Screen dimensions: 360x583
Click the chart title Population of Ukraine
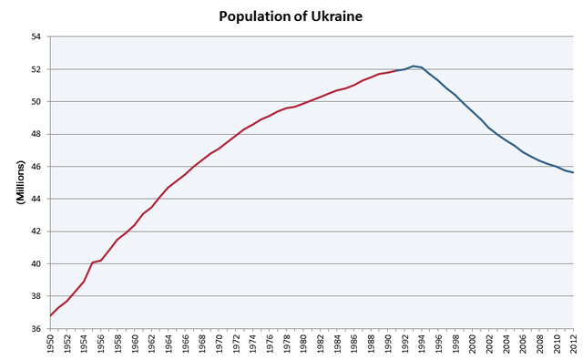(x=290, y=16)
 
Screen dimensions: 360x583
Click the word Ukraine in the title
(x=337, y=16)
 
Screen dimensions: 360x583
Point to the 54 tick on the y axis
(x=36, y=37)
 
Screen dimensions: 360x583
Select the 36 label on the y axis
(x=36, y=329)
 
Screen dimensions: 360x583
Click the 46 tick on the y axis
(x=36, y=167)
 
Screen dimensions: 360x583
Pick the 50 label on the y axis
(x=36, y=102)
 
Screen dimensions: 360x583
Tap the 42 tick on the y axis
(x=36, y=231)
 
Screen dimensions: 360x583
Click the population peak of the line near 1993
(x=413, y=66)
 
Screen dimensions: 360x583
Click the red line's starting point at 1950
(x=50, y=316)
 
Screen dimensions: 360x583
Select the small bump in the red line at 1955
(x=93, y=262)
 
